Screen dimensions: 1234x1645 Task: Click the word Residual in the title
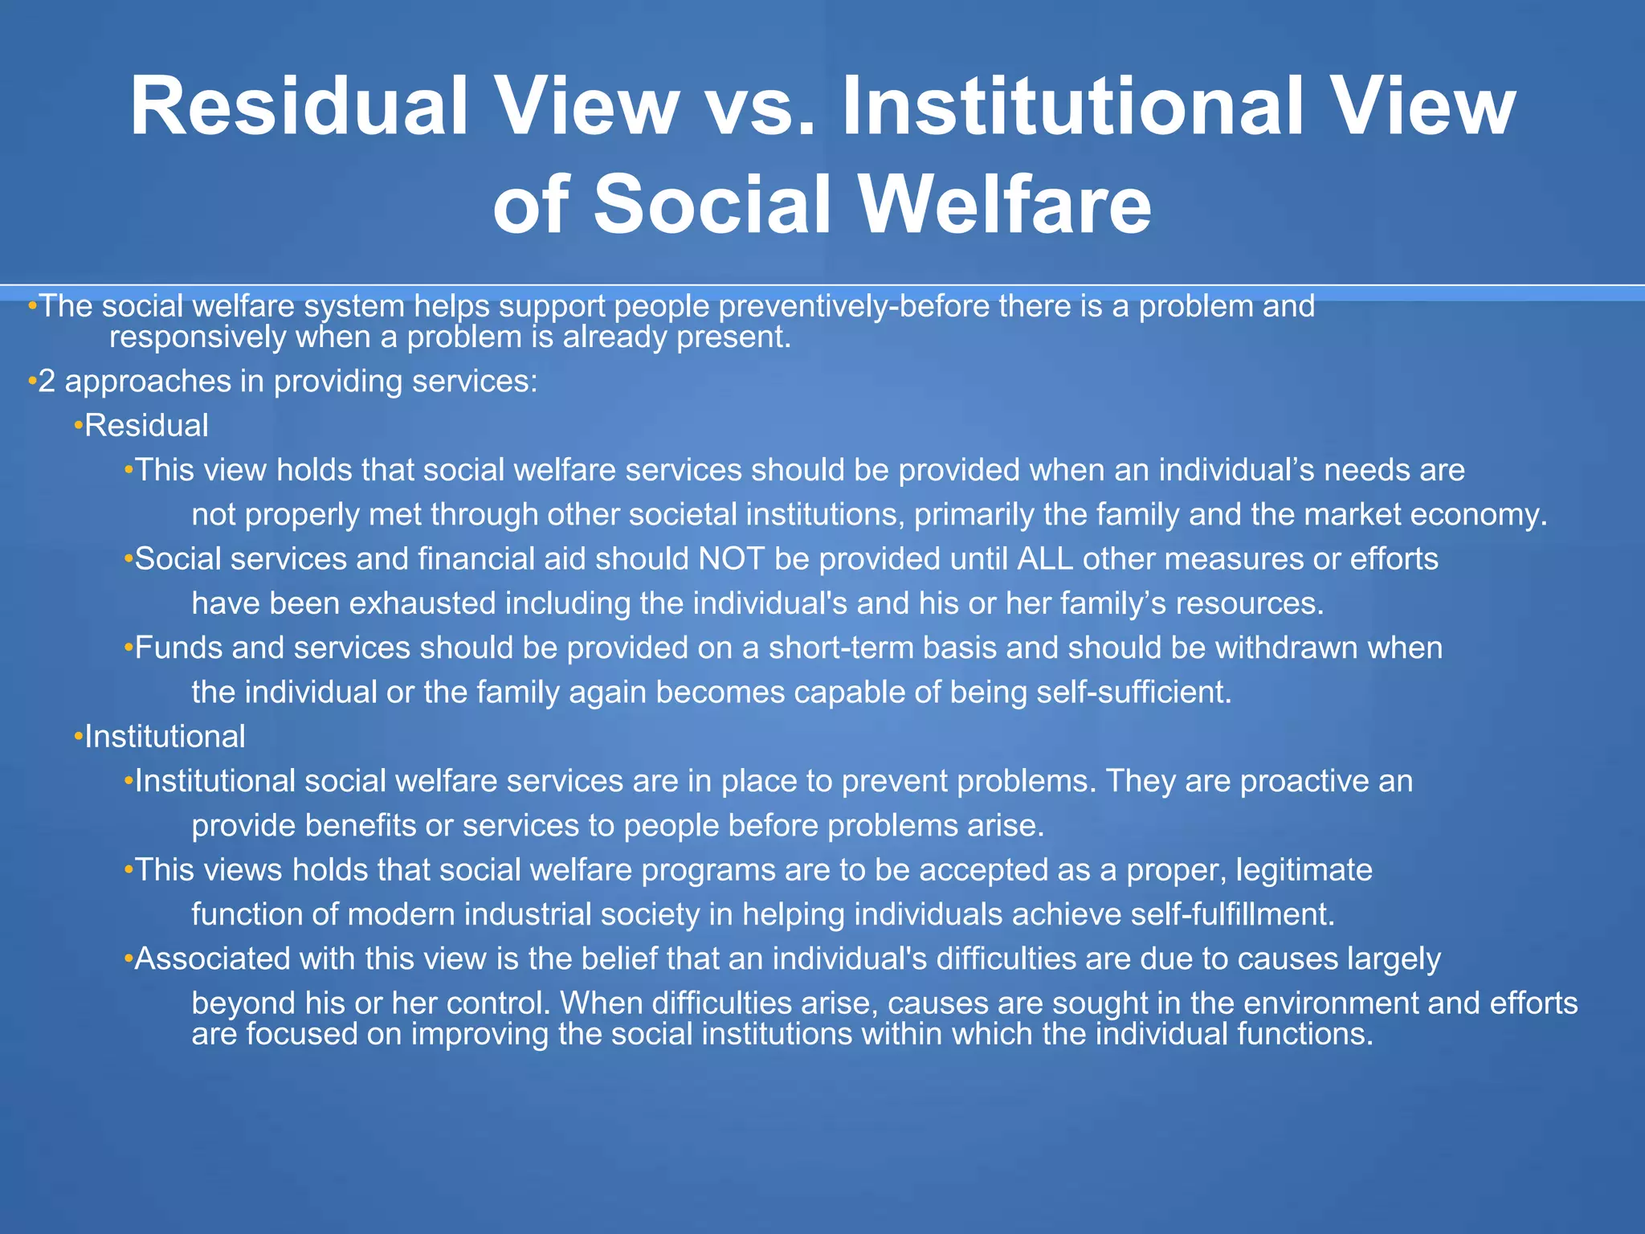tap(299, 107)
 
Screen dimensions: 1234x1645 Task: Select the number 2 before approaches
tap(47, 381)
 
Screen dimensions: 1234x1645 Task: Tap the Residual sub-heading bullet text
tap(146, 426)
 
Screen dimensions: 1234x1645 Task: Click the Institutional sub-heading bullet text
tap(165, 737)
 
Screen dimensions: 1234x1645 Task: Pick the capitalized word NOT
tap(731, 559)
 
